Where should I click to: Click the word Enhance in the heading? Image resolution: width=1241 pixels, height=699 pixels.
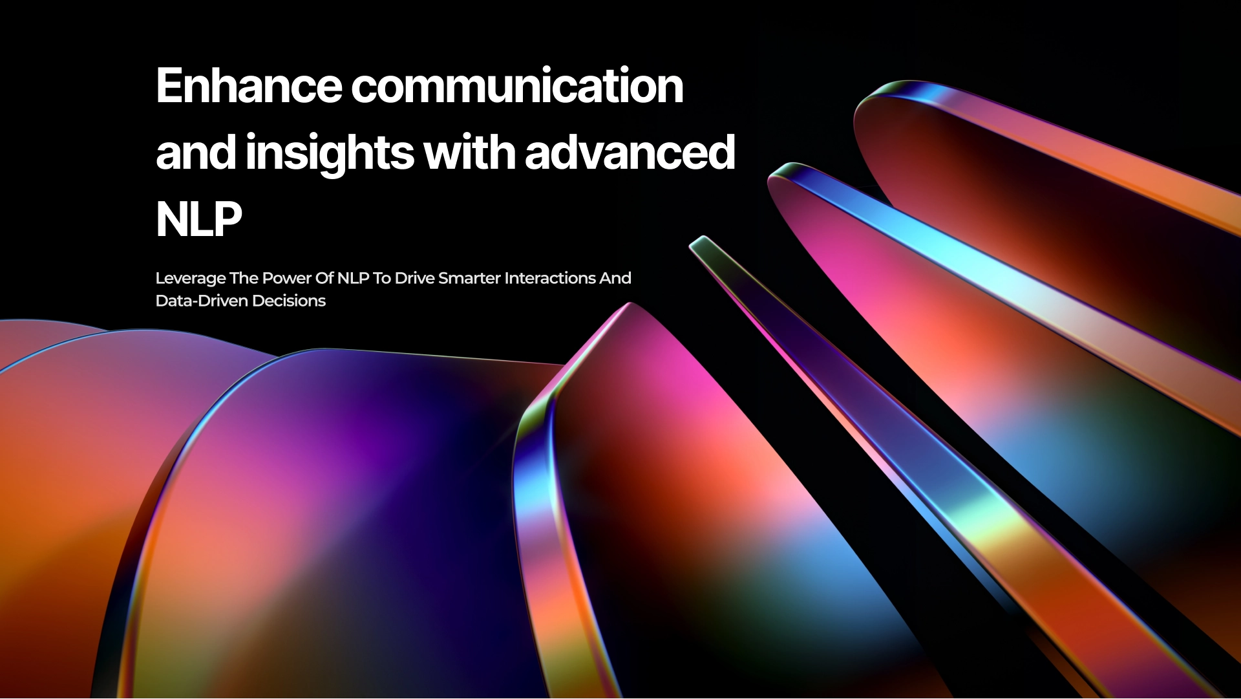pyautogui.click(x=249, y=86)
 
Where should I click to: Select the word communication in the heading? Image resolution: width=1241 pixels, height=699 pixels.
pyautogui.click(x=517, y=86)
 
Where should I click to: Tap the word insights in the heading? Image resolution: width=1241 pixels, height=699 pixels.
pyautogui.click(x=330, y=153)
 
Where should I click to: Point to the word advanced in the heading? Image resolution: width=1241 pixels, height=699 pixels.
pyautogui.click(x=630, y=153)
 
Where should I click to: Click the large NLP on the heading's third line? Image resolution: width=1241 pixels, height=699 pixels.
pyautogui.click(x=198, y=220)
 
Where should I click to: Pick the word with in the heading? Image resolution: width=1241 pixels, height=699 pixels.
pyautogui.click(x=469, y=153)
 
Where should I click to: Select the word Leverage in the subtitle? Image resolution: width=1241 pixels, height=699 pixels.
pyautogui.click(x=191, y=278)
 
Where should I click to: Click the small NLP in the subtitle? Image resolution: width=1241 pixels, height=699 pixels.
pyautogui.click(x=353, y=278)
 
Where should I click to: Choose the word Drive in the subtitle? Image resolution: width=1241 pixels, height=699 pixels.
pyautogui.click(x=414, y=278)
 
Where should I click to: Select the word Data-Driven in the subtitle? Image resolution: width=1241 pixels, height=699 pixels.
pyautogui.click(x=202, y=301)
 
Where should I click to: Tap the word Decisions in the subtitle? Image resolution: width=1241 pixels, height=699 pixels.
pyautogui.click(x=289, y=301)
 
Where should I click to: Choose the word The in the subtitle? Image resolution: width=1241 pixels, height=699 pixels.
pyautogui.click(x=244, y=278)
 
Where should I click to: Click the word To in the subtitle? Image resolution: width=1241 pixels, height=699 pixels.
pyautogui.click(x=381, y=278)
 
